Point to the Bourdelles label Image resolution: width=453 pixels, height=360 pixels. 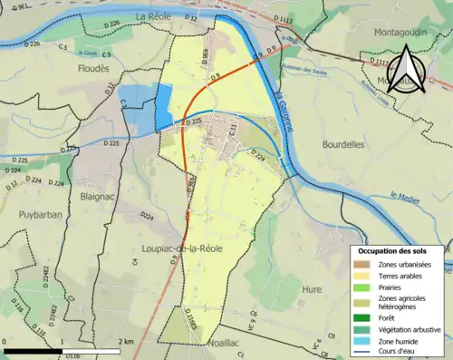(343, 143)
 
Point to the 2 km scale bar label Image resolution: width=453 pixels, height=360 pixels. (127, 341)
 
